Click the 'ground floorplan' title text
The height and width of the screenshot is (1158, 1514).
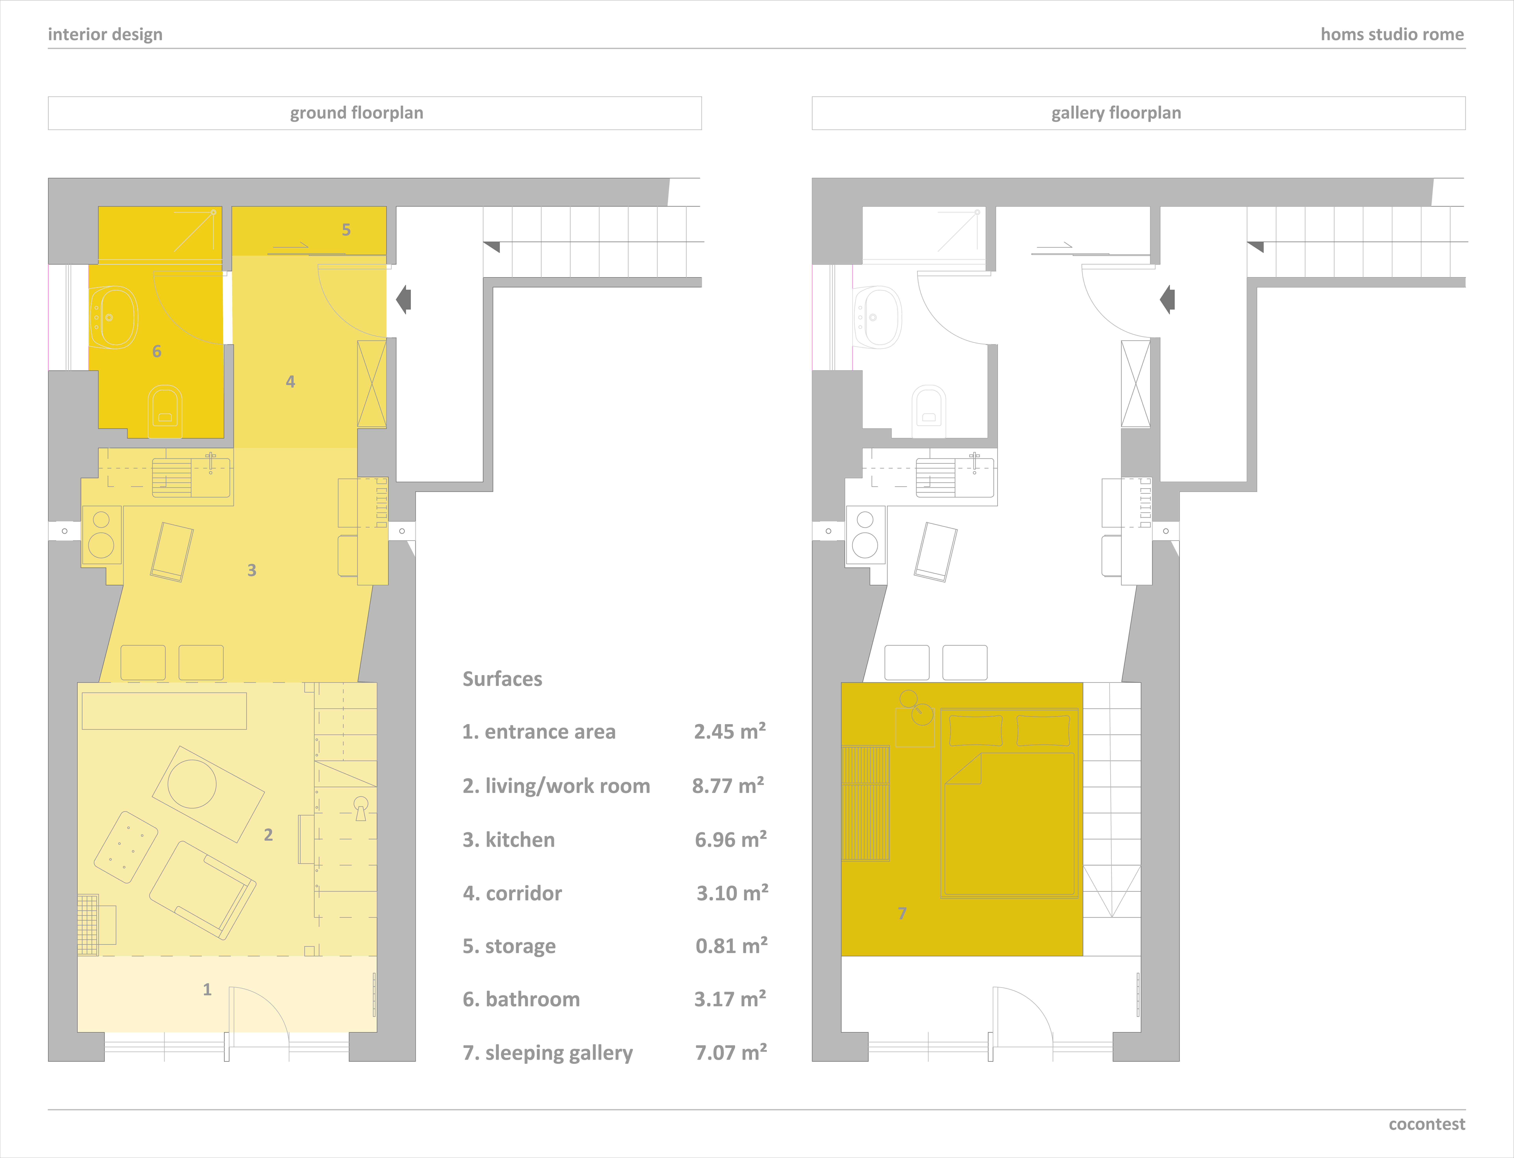[x=357, y=113]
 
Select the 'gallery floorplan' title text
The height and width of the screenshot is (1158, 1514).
[x=1116, y=113]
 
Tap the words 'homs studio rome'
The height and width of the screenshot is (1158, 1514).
[x=1392, y=34]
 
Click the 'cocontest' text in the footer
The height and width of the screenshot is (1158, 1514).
[x=1426, y=1124]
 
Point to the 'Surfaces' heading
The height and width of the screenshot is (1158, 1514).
[x=502, y=679]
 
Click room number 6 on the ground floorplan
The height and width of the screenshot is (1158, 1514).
[x=156, y=352]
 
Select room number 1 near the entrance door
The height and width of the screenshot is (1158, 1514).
[x=207, y=990]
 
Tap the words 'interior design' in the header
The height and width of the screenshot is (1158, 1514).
[x=105, y=34]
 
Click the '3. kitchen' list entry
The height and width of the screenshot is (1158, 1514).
[x=508, y=840]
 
